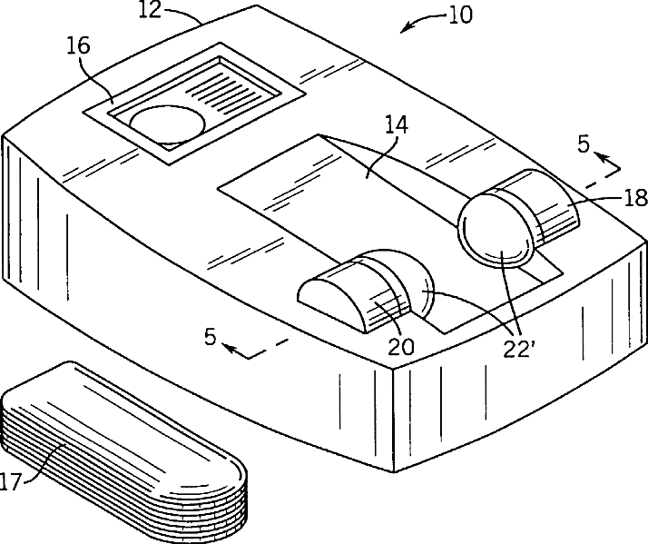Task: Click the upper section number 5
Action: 584,143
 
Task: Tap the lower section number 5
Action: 211,337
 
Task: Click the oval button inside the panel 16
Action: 168,125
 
